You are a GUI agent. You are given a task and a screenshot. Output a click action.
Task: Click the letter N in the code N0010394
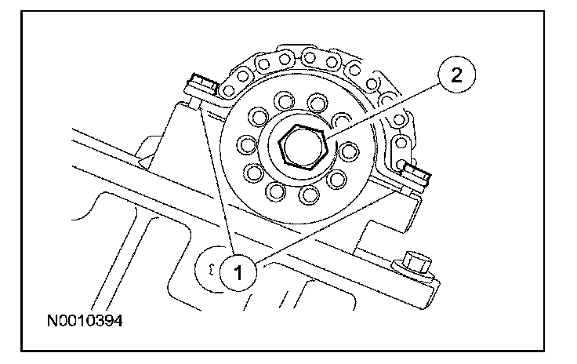pyautogui.click(x=53, y=322)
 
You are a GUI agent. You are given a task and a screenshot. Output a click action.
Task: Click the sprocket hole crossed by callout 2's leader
pyautogui.click(x=340, y=120)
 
